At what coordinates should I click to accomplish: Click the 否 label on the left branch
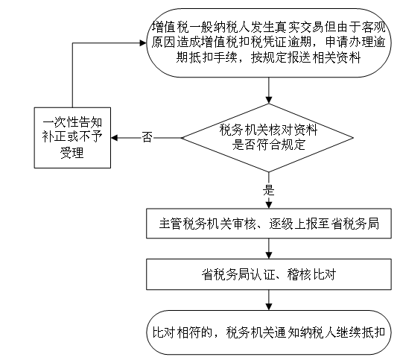pos(147,137)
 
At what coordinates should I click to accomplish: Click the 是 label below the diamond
pos(269,190)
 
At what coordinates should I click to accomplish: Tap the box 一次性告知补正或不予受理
pos(72,138)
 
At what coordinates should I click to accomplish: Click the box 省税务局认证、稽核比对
pos(269,274)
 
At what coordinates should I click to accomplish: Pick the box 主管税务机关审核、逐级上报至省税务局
pos(269,224)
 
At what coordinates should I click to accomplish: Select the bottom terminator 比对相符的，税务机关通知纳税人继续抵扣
pos(269,332)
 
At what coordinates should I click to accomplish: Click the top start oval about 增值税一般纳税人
pos(269,42)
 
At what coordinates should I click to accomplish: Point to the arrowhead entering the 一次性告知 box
pos(114,138)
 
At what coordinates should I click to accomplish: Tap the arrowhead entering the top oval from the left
pos(143,43)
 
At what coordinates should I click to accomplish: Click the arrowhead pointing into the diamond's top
pos(269,100)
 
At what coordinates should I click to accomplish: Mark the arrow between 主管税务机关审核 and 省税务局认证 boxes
pos(269,249)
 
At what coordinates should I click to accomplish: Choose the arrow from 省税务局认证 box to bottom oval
pos(269,300)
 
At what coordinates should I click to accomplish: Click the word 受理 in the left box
pos(72,153)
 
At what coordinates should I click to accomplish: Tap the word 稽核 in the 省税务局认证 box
pos(299,275)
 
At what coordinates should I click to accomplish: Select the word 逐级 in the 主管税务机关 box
pos(281,224)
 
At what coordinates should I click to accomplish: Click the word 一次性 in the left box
pos(60,122)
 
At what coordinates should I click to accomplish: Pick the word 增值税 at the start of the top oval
pos(171,28)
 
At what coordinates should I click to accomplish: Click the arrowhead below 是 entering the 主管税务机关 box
pos(269,205)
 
